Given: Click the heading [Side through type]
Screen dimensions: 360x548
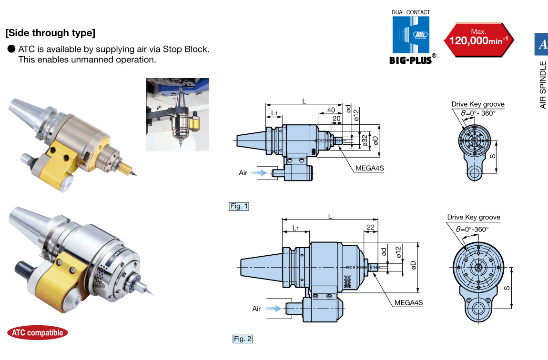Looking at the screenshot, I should click(50, 33).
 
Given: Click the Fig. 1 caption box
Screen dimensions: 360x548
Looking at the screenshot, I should click(239, 206).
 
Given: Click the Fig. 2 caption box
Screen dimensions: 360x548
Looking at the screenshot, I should click(243, 339).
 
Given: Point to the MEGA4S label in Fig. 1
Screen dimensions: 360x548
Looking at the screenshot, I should click(369, 168).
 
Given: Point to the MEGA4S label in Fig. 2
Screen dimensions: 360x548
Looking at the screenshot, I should click(408, 303).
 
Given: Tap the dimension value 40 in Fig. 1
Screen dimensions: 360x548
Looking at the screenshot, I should click(331, 110).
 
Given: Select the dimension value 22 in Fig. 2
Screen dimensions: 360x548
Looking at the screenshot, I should click(371, 227).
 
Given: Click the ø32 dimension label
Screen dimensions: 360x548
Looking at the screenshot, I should click(365, 140).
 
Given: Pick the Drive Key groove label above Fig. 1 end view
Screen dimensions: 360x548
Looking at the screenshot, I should click(477, 104).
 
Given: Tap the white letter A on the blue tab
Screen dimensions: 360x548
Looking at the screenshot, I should click(542, 44).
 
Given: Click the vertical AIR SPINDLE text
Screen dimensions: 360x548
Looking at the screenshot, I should click(543, 85).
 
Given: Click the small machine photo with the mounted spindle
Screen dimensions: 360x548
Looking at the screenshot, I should click(178, 115).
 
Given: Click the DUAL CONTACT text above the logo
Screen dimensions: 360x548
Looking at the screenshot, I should click(411, 12).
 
